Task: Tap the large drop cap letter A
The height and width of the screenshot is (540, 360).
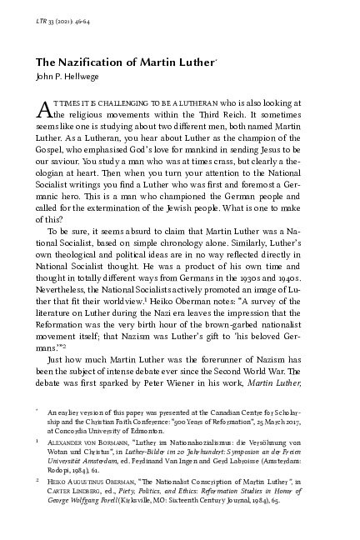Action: click(46, 111)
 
